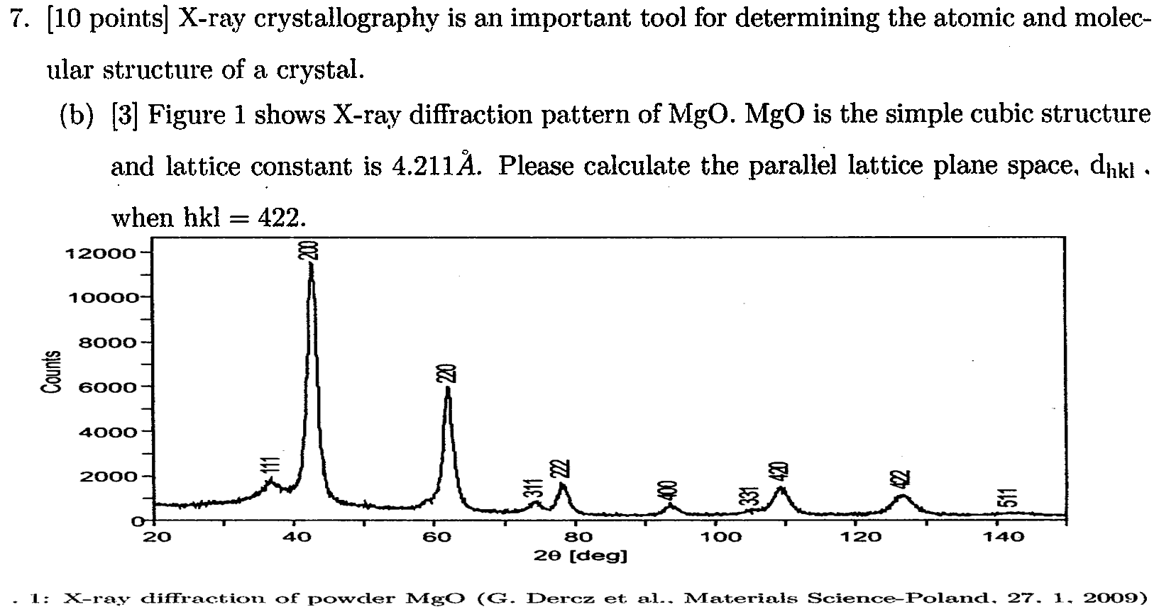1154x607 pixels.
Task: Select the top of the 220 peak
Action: (447, 389)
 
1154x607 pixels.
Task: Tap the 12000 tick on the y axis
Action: (99, 252)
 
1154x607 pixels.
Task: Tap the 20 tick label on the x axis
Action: (158, 537)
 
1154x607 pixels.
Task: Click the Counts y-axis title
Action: (50, 371)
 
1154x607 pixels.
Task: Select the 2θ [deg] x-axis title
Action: (580, 555)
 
